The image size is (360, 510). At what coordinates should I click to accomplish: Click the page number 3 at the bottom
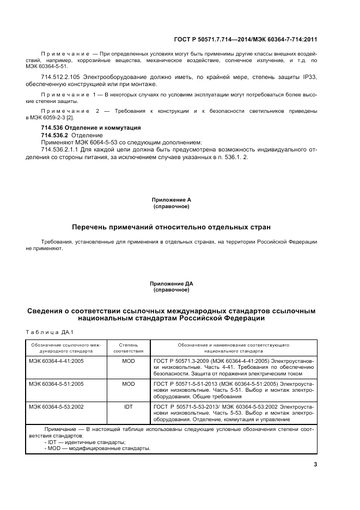tap(315, 464)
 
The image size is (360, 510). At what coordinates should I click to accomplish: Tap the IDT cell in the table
tap(128, 406)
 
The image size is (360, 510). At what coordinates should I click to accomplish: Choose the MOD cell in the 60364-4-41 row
tap(128, 361)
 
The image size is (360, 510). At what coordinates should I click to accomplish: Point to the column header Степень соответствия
tap(128, 348)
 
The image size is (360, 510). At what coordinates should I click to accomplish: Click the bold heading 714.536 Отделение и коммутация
tap(91, 127)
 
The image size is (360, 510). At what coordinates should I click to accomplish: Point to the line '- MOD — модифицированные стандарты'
tap(97, 448)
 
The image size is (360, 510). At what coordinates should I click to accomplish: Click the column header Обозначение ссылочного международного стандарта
tap(66, 348)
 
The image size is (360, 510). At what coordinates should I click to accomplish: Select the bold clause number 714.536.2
tap(54, 135)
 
